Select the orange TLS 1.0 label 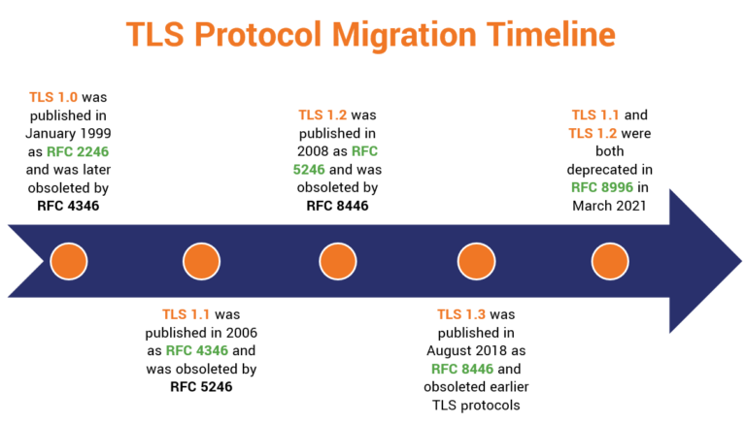click(54, 97)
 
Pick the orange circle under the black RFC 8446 click(336, 261)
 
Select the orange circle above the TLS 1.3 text click(473, 261)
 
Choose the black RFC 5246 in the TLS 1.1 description click(201, 384)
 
